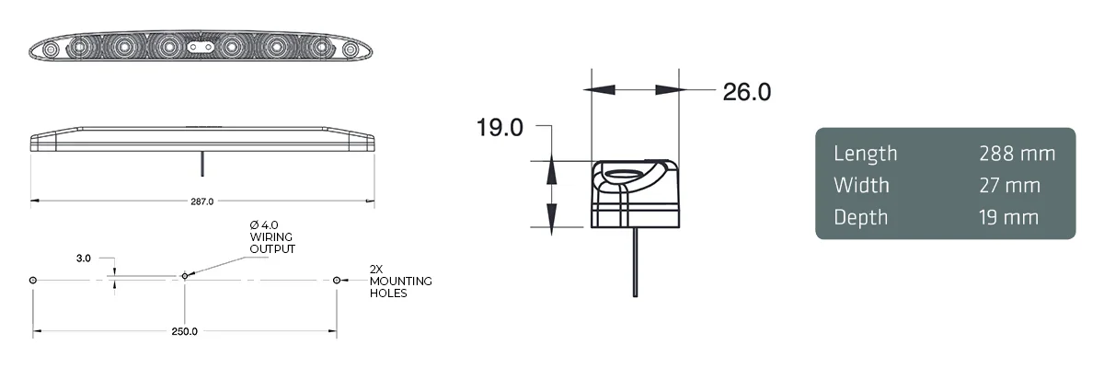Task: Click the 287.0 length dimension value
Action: click(201, 201)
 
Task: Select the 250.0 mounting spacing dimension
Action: click(184, 331)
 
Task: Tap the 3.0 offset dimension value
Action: click(84, 259)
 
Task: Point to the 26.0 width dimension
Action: click(746, 91)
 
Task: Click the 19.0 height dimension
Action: click(500, 127)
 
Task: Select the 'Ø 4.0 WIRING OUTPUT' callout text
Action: click(272, 237)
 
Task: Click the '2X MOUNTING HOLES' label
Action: click(400, 287)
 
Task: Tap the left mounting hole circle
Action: click(33, 280)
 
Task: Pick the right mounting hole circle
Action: click(337, 280)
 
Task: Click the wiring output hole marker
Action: click(184, 275)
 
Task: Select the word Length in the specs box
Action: click(865, 154)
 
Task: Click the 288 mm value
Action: click(1017, 154)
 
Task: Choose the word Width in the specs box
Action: click(861, 185)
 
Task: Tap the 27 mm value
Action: click(1009, 185)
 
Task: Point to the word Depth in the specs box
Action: click(861, 217)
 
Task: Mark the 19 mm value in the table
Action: click(1009, 217)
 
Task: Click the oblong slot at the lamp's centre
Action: click(200, 44)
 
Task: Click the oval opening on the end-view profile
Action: click(630, 175)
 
